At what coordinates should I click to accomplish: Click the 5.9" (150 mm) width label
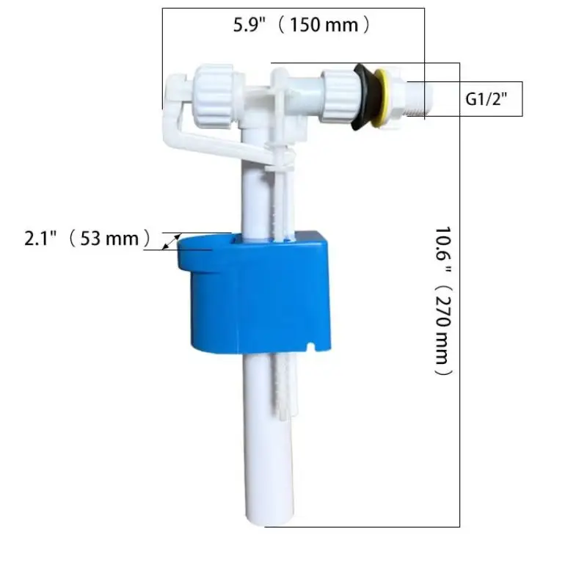[x=302, y=26]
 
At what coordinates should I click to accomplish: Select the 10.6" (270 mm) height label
[x=443, y=301]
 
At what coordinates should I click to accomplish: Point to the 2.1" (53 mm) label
[x=87, y=238]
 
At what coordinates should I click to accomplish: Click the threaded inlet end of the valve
[x=420, y=99]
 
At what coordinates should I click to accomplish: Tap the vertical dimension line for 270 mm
[x=459, y=293]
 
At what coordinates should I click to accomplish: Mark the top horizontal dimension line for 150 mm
[x=293, y=8]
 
